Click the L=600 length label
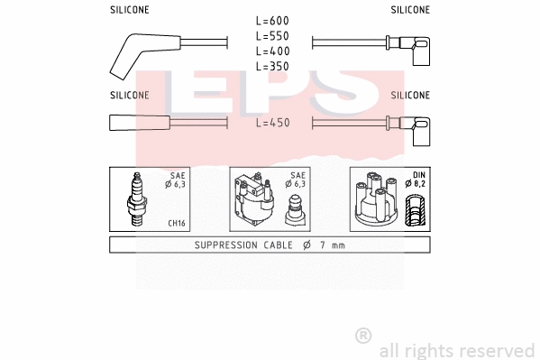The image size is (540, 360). click(x=271, y=21)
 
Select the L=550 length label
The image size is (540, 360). click(x=271, y=36)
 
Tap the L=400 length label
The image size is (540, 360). click(x=271, y=51)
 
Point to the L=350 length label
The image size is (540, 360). click(x=271, y=67)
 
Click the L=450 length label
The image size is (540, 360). click(x=271, y=123)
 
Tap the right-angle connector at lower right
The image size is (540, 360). click(x=417, y=130)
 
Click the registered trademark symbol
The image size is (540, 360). click(x=363, y=336)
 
